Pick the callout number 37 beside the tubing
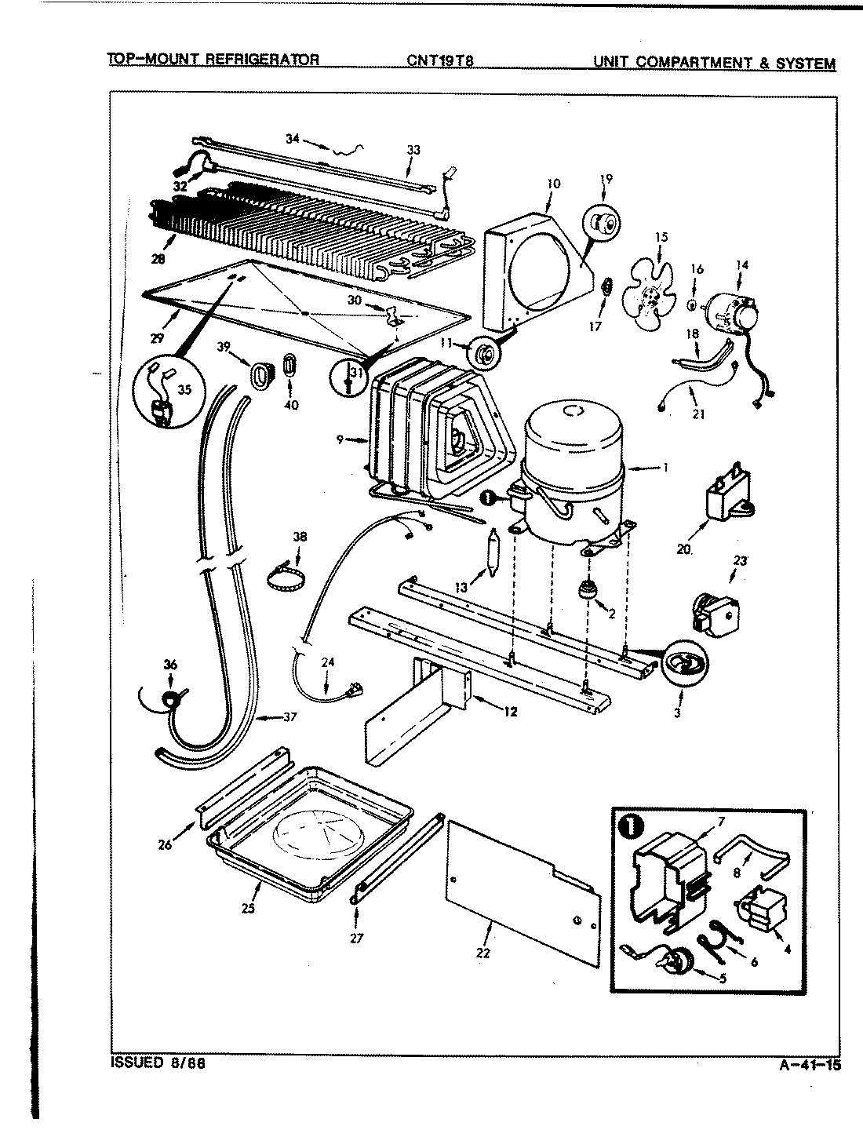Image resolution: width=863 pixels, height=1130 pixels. click(290, 717)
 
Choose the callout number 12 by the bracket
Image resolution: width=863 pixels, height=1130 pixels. click(511, 713)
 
